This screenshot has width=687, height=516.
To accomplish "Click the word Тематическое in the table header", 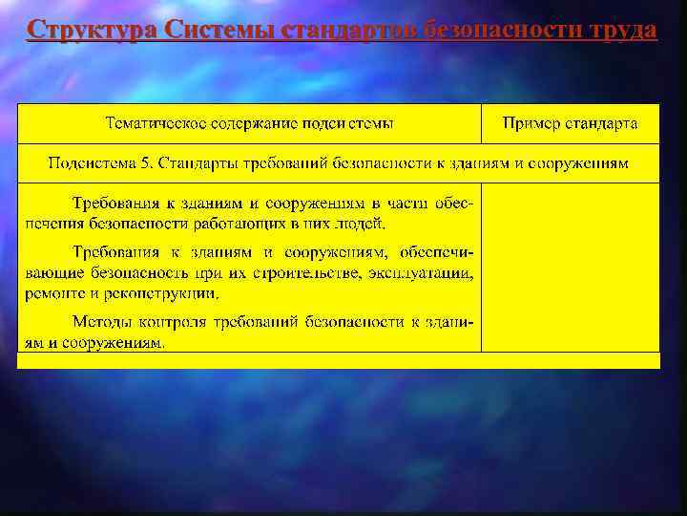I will click(152, 124).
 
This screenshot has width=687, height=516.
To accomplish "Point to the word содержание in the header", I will click(251, 124).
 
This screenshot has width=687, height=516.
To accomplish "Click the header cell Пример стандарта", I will click(570, 124).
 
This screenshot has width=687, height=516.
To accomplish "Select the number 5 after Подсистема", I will click(145, 163).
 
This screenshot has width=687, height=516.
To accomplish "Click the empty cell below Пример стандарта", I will click(570, 268).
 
